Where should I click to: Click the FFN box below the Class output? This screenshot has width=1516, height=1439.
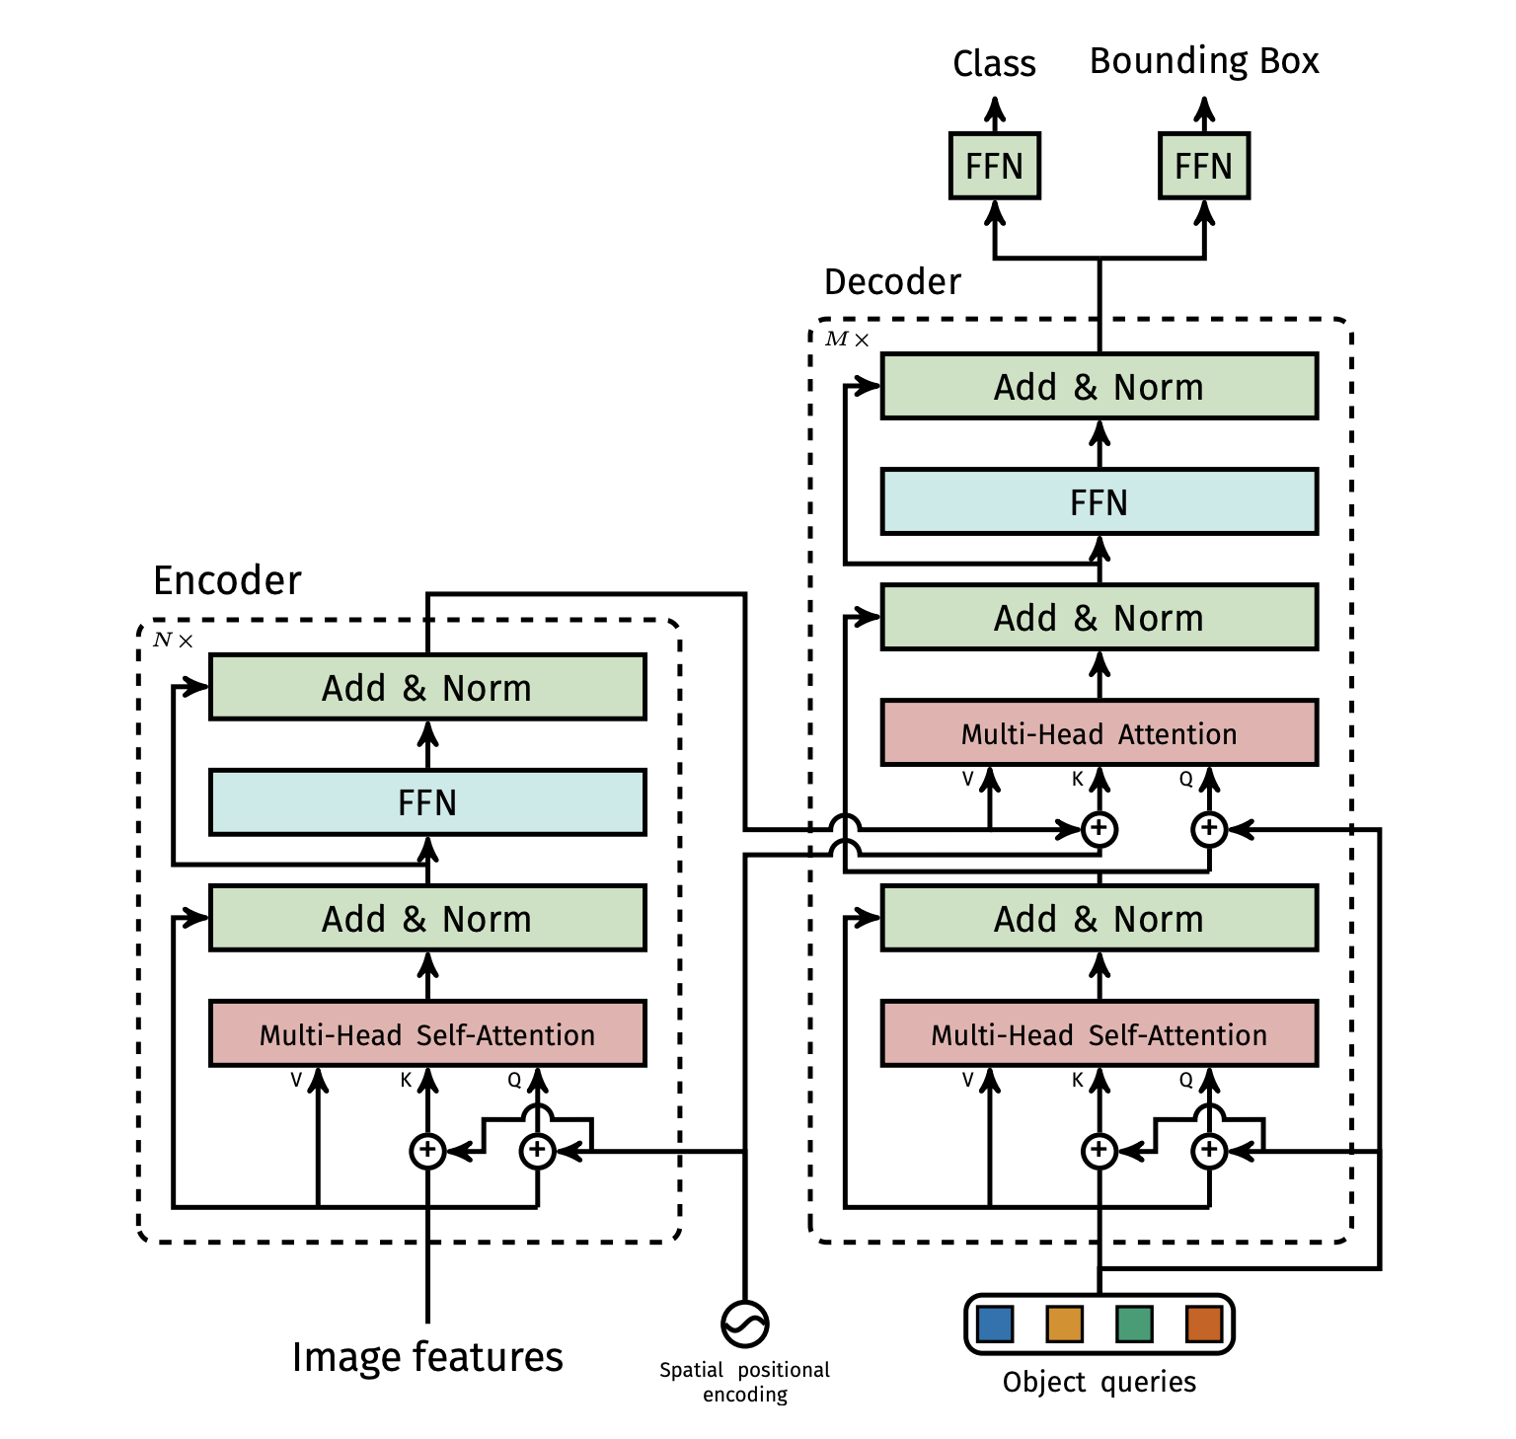pyautogui.click(x=994, y=166)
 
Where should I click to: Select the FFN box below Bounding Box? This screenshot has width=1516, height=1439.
pyautogui.click(x=1203, y=166)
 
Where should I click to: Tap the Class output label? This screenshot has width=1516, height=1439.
pyautogui.click(x=994, y=64)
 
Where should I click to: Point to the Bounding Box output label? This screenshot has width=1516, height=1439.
pyautogui.click(x=1203, y=61)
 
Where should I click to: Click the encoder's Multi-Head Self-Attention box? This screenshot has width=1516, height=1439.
pyautogui.click(x=427, y=1033)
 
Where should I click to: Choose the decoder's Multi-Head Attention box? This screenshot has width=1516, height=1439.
pyautogui.click(x=1099, y=733)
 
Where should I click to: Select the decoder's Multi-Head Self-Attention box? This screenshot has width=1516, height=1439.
pyautogui.click(x=1099, y=1033)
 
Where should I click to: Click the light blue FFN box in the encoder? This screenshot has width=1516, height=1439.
pyautogui.click(x=427, y=802)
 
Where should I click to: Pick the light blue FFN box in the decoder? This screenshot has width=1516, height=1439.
pyautogui.click(x=1099, y=502)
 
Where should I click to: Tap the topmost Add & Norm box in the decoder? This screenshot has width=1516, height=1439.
pyautogui.click(x=1099, y=387)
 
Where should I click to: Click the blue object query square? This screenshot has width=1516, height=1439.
pyautogui.click(x=994, y=1324)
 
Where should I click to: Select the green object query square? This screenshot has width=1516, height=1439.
pyautogui.click(x=1134, y=1324)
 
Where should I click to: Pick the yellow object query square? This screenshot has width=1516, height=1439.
pyautogui.click(x=1064, y=1324)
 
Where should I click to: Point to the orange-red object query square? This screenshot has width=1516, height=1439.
pyautogui.click(x=1204, y=1324)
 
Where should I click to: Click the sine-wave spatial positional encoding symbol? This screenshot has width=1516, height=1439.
pyautogui.click(x=744, y=1324)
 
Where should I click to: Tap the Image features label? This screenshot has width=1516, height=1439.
pyautogui.click(x=427, y=1357)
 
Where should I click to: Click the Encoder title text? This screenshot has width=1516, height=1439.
pyautogui.click(x=227, y=580)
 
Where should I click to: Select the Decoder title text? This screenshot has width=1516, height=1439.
pyautogui.click(x=892, y=282)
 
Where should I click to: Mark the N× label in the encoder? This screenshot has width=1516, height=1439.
pyautogui.click(x=173, y=641)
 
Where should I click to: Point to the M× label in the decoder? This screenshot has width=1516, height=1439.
pyautogui.click(x=847, y=340)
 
